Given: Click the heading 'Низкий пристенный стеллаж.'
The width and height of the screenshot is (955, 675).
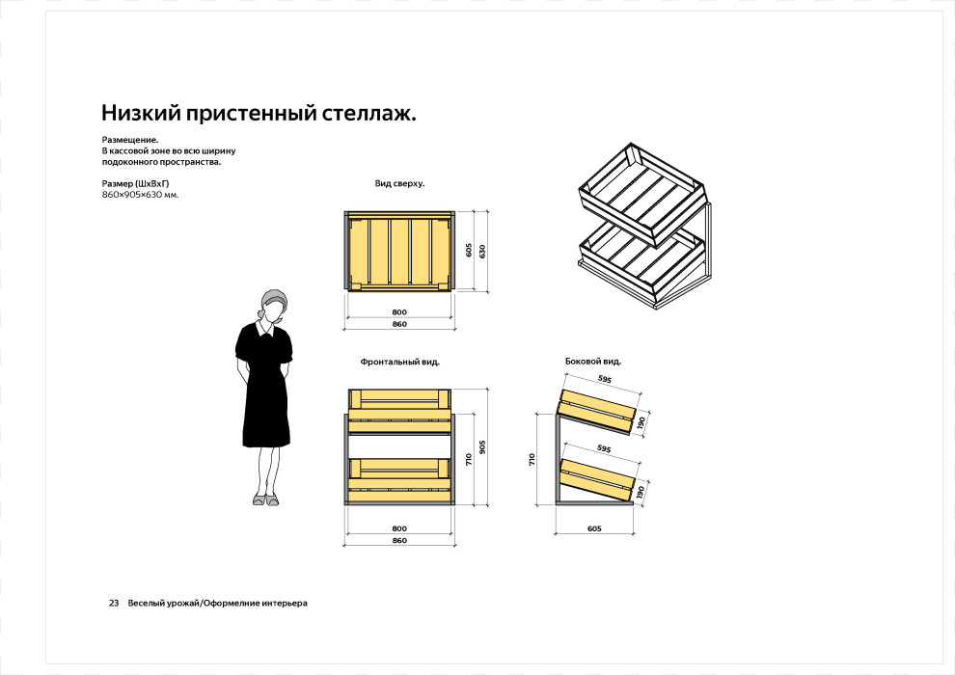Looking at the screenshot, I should coord(259,114).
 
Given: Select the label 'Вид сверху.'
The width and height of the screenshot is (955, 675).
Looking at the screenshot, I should coord(399,182).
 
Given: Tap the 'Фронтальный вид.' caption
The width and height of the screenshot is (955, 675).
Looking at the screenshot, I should coord(399,362).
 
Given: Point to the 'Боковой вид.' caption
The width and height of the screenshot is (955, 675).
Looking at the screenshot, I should coord(592,362).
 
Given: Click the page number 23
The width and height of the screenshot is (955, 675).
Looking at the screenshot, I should coord(114,603).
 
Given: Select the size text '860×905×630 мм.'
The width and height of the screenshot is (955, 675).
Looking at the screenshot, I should coord(140,195).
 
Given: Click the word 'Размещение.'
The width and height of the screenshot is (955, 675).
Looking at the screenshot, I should coord(130,140).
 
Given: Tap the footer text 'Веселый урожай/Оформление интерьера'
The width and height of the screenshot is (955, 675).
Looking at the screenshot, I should coord(217,603).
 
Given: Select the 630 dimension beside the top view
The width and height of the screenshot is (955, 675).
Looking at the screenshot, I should coord(481,251).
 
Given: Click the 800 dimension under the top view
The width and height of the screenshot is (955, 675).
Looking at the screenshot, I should coord(399,312).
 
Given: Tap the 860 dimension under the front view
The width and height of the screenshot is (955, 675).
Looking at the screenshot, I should coord(399,540).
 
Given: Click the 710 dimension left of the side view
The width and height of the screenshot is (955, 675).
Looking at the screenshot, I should coord(532,460).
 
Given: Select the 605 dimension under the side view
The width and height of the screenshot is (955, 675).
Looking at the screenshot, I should coord(593,528).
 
